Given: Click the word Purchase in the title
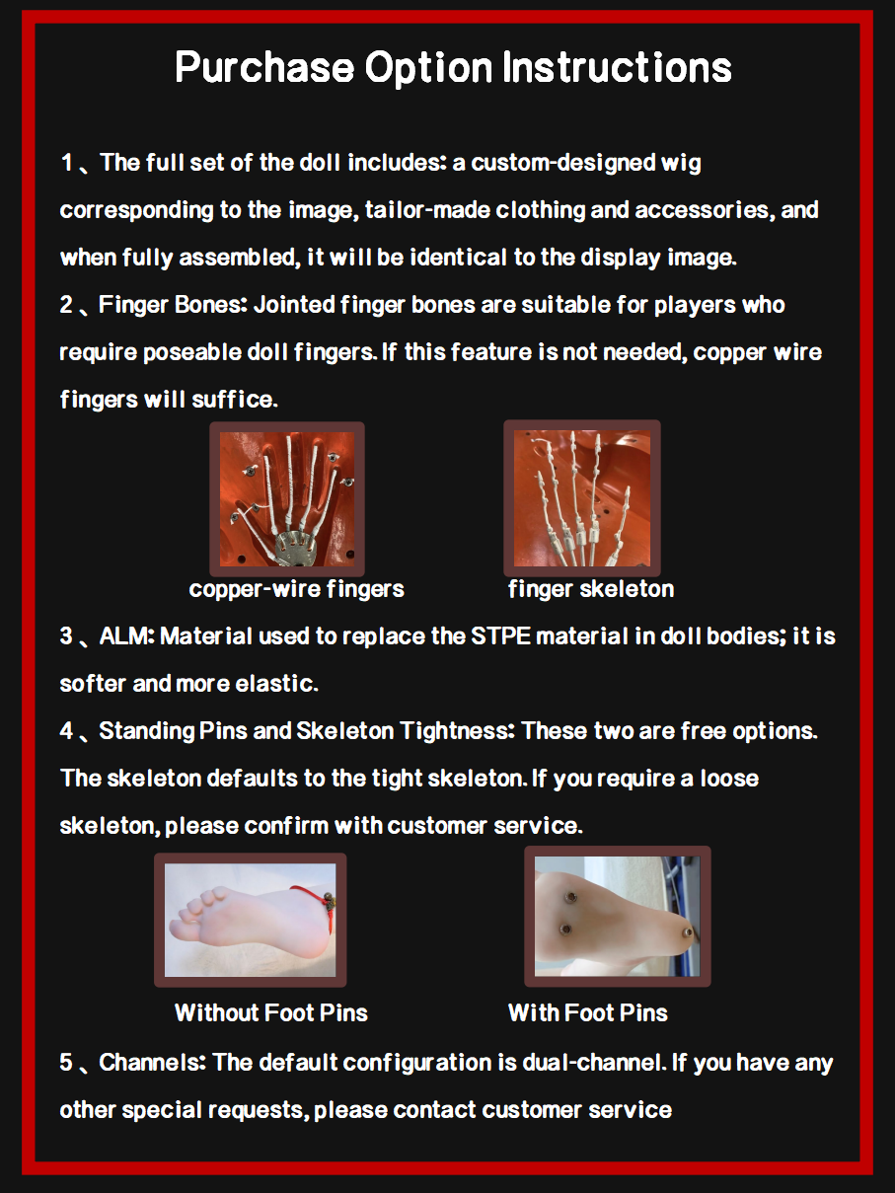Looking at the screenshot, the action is click(x=264, y=67).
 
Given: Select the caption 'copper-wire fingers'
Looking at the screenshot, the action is click(x=297, y=589).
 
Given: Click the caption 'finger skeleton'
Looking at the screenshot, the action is click(x=591, y=589).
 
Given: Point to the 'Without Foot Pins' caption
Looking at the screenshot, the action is click(x=271, y=1012).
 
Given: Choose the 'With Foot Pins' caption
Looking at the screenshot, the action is click(x=588, y=1012).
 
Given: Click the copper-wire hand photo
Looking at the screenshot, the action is click(x=287, y=499).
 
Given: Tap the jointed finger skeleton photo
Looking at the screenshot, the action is click(x=582, y=498).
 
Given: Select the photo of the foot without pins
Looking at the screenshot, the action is click(x=250, y=920).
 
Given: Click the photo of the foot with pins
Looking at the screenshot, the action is click(x=618, y=917).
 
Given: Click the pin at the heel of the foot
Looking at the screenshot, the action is click(x=688, y=932).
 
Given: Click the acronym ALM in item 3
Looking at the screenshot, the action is click(x=127, y=635).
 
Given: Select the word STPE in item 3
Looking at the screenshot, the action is click(x=500, y=635).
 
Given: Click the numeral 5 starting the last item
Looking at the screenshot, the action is click(x=66, y=1063).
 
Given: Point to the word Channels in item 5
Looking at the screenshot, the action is click(x=152, y=1063).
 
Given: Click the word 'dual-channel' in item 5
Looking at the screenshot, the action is click(x=594, y=1063).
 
